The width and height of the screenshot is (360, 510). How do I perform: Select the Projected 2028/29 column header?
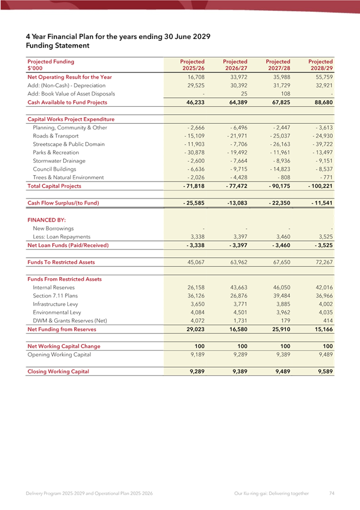(320, 64)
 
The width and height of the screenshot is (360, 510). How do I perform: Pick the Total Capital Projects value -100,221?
(318, 185)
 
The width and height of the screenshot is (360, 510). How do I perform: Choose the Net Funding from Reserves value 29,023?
(192, 329)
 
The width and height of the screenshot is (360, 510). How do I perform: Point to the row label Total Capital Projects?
(51, 185)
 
